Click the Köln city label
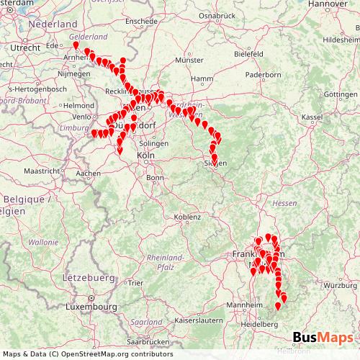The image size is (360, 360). [x=146, y=156]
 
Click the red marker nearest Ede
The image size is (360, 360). [x=76, y=45]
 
